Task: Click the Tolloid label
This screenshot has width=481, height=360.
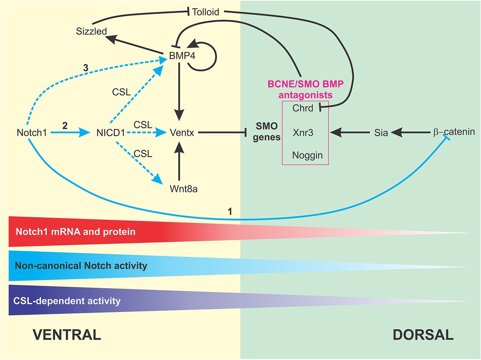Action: tap(206, 12)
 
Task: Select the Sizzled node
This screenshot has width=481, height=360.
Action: tap(91, 31)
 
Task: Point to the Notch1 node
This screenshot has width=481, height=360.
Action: tap(32, 133)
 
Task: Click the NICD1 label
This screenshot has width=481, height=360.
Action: tap(108, 133)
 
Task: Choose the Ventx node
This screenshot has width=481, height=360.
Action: tap(182, 133)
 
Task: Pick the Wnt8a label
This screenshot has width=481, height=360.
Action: tap(183, 189)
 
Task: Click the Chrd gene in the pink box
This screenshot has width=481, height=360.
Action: tap(303, 108)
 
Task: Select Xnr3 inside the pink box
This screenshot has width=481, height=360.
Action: tap(303, 133)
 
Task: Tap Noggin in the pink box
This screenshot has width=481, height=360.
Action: tap(307, 155)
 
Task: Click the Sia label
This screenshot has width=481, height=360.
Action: tap(381, 133)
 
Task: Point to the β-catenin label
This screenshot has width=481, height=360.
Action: tap(454, 132)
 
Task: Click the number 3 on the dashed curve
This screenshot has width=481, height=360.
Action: tap(86, 68)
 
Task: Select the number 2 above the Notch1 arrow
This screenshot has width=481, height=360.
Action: tap(65, 125)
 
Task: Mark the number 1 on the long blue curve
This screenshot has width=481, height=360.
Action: tap(230, 212)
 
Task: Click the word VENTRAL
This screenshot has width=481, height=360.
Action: tap(67, 334)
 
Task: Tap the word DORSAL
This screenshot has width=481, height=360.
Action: tap(423, 334)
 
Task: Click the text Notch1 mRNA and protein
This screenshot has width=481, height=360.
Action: tap(76, 232)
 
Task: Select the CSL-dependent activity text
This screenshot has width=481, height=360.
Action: tap(67, 301)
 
